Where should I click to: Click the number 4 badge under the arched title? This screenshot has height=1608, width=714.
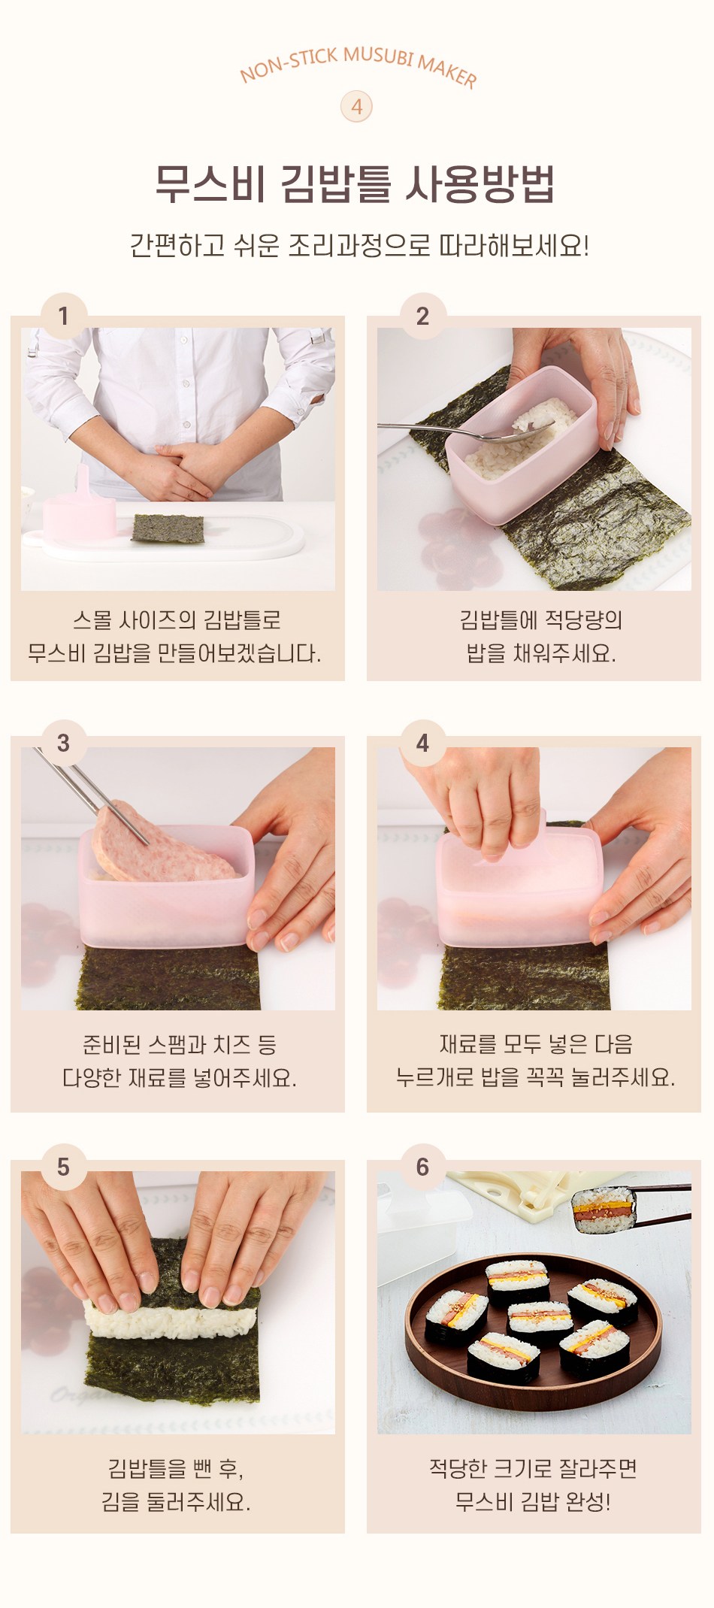pos(356,107)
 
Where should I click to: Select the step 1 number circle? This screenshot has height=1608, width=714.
pos(63,316)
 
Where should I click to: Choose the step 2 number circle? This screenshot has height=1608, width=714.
pos(422,316)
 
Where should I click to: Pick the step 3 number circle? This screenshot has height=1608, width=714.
pos(63,743)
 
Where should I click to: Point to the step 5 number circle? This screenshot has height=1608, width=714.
pos(63,1167)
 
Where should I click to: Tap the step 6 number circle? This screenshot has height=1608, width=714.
pos(422,1167)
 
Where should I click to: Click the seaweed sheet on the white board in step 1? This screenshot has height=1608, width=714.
pos(168,528)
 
